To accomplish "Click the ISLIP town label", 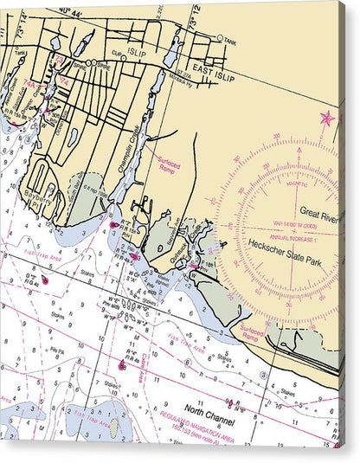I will tap(137, 53).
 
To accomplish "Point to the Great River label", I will tap(321, 210).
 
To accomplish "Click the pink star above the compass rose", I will tap(327, 119).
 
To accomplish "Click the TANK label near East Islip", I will tap(228, 40).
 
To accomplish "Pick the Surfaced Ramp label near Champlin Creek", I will tap(170, 162).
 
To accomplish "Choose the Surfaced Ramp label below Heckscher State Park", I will tap(252, 332).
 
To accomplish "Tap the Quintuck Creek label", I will tap(177, 247).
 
